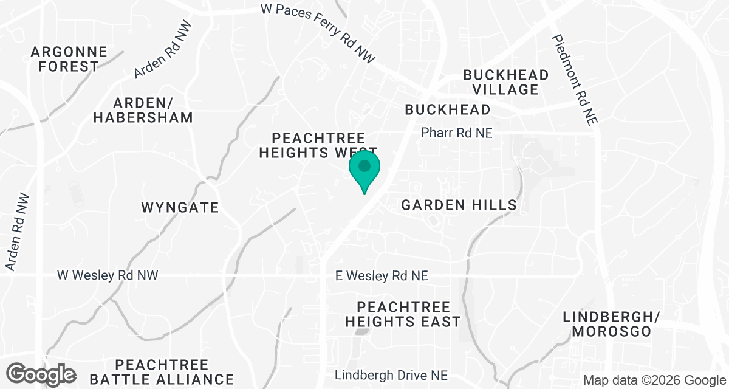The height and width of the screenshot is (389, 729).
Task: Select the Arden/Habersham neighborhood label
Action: pos(143,109)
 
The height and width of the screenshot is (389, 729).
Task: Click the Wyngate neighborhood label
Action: pos(180,207)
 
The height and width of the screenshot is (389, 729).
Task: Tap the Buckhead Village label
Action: pos(505,82)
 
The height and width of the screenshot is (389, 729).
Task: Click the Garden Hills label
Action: pos(459,205)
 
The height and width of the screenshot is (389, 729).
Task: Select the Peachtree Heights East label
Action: pos(403,314)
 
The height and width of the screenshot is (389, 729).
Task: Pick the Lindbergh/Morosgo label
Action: pos(607,324)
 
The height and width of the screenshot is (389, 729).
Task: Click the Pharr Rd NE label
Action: pos(457,133)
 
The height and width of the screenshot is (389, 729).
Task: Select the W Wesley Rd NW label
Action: pos(108,275)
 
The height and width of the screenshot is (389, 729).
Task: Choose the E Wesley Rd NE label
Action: pos(382,276)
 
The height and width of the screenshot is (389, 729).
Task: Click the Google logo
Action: pos(41,374)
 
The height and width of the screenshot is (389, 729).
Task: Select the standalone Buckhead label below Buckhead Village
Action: pos(448,109)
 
